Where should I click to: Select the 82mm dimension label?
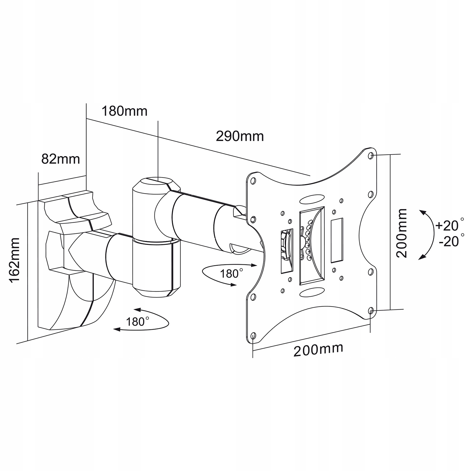click(61, 159)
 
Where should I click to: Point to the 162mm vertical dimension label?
click(14, 261)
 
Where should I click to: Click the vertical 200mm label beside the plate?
click(401, 233)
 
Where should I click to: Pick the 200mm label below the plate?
click(318, 349)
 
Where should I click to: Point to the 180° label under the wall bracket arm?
click(138, 321)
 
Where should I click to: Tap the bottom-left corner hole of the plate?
click(254, 335)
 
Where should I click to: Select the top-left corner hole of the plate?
click(253, 181)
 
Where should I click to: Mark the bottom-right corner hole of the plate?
click(371, 311)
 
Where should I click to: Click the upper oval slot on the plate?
click(312, 200)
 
